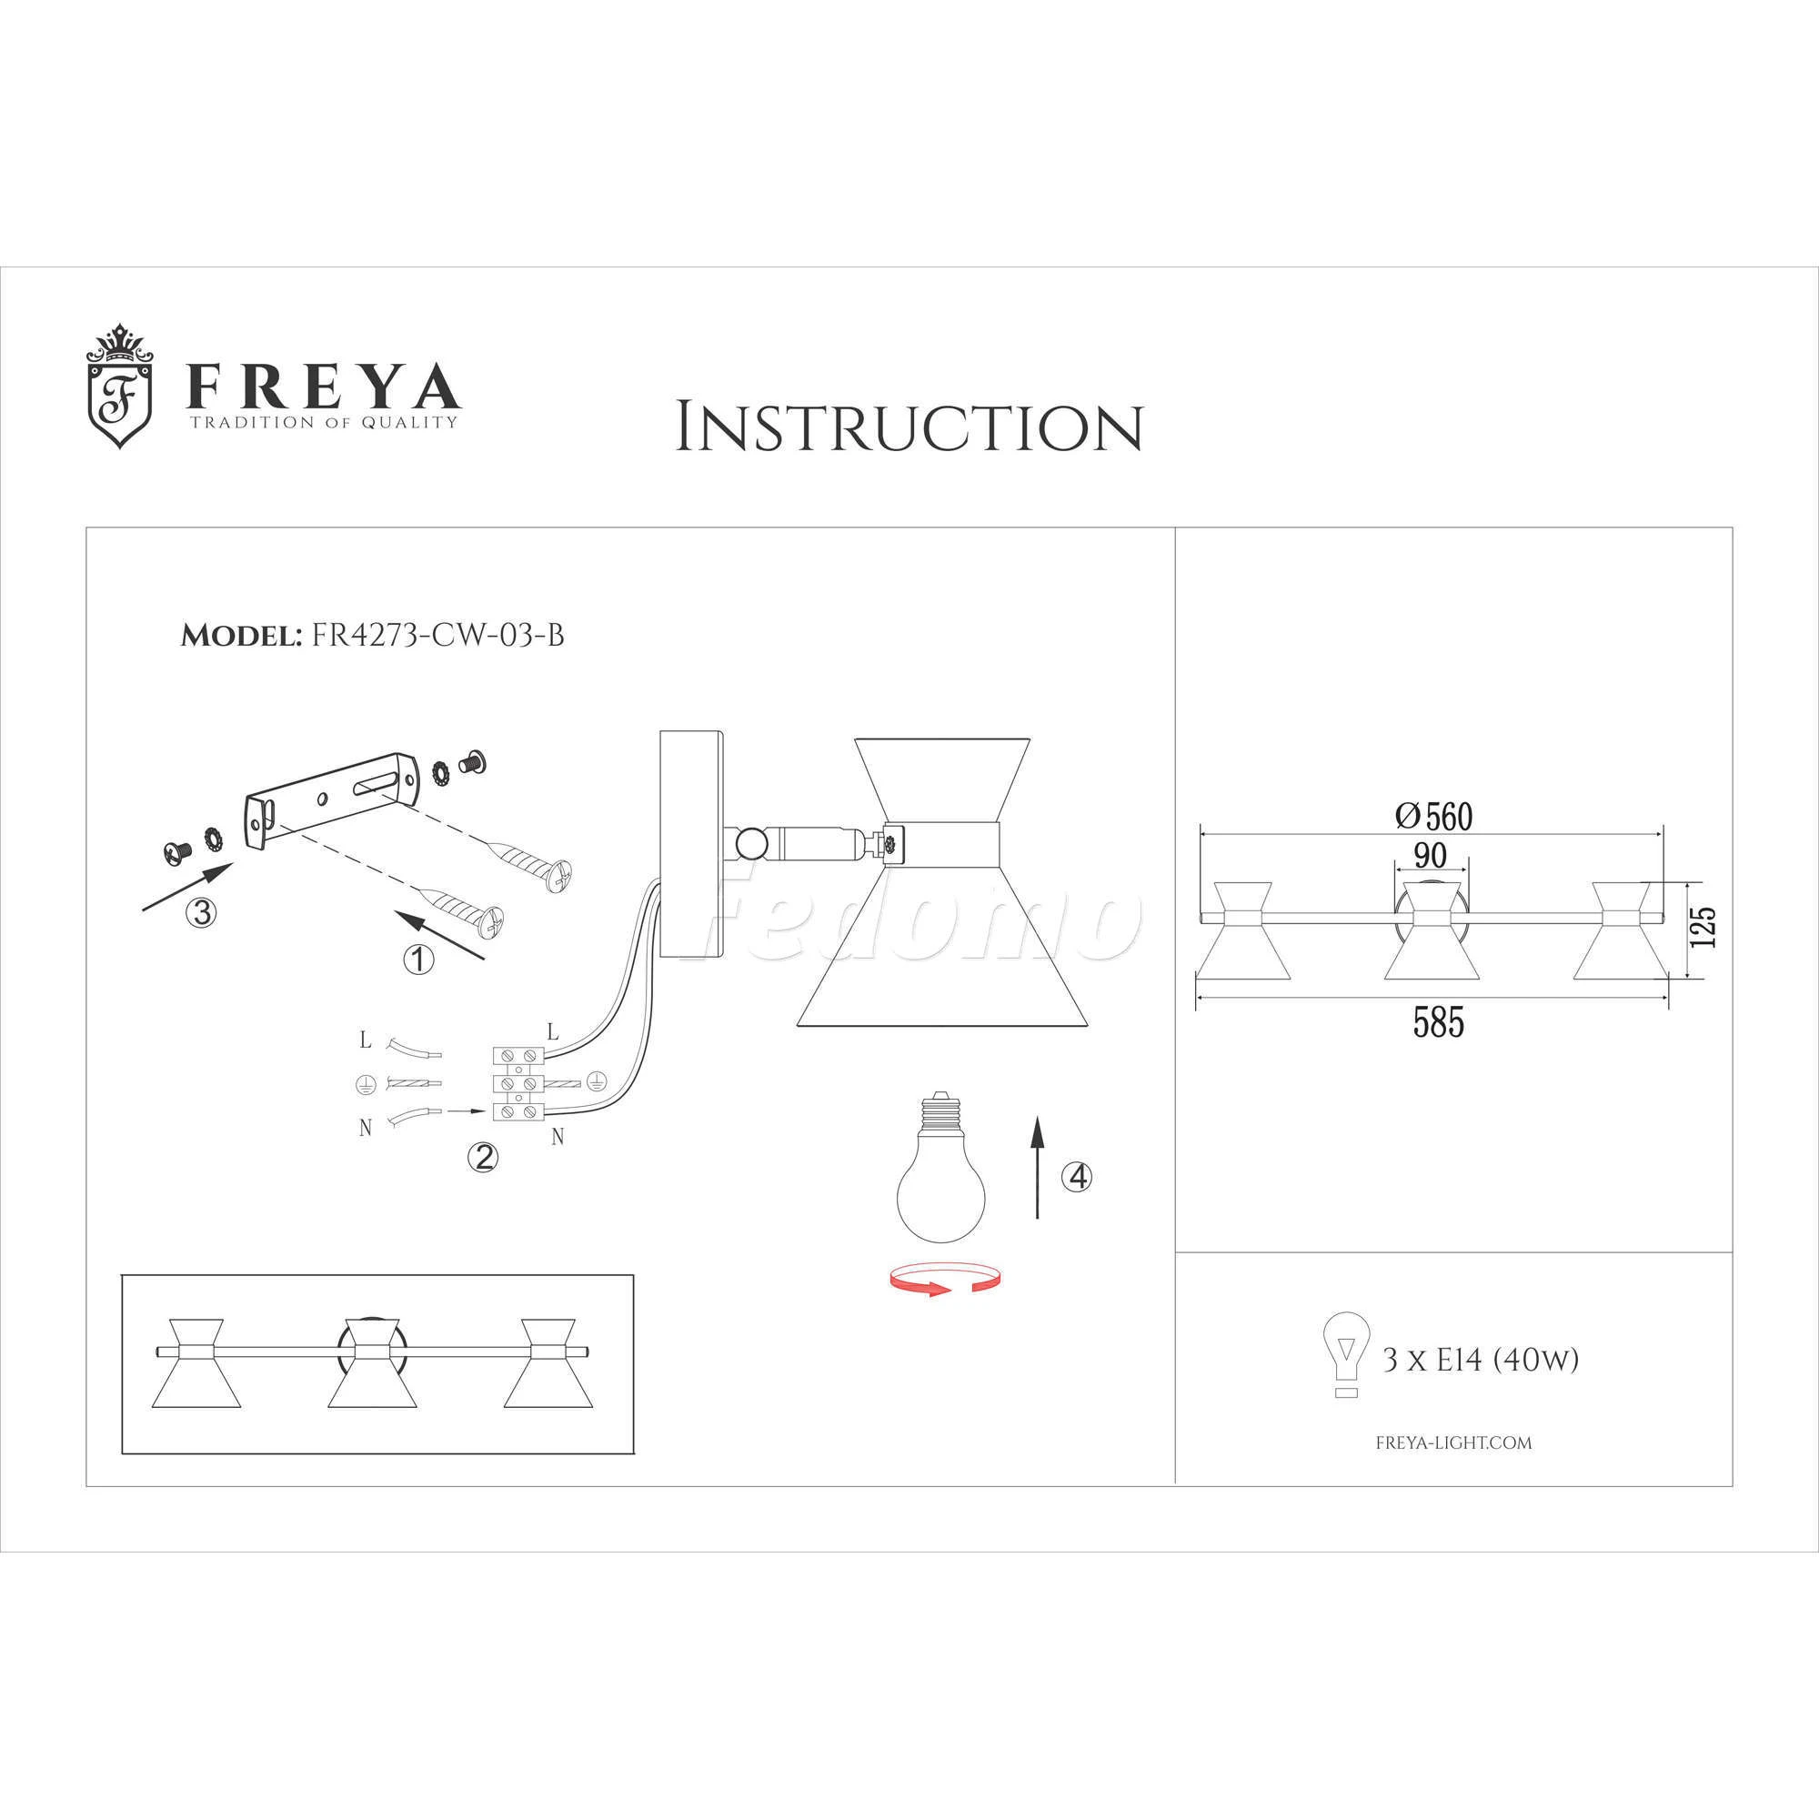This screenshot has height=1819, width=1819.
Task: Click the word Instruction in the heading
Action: click(909, 428)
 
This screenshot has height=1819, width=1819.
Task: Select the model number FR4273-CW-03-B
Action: click(437, 636)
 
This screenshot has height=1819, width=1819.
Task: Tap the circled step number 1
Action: click(419, 960)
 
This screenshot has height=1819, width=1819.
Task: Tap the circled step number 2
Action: click(483, 1157)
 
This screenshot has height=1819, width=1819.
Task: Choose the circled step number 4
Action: click(1077, 1176)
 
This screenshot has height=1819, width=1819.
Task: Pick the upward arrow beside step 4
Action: click(1037, 1168)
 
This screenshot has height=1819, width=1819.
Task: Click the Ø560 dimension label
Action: click(1433, 817)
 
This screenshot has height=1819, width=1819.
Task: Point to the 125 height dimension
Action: click(1703, 928)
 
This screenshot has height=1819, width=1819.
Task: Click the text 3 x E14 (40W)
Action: click(1480, 1360)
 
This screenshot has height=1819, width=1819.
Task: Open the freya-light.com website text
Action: click(1453, 1442)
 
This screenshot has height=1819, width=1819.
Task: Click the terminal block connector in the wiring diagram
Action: click(518, 1085)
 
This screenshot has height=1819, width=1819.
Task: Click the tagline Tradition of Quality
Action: click(324, 422)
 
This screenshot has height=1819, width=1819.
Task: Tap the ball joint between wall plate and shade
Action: click(751, 840)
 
